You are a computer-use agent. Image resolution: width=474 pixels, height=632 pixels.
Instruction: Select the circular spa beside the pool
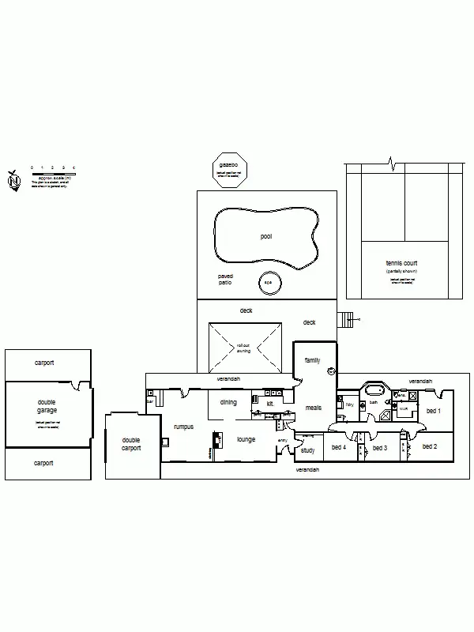(x=268, y=283)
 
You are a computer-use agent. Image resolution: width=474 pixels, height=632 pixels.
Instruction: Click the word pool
(x=266, y=236)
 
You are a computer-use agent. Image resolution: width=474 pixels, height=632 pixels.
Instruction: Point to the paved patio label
(x=226, y=279)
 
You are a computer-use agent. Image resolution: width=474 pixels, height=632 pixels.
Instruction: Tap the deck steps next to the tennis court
(x=345, y=319)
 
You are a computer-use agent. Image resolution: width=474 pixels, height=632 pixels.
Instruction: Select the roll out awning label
(x=243, y=348)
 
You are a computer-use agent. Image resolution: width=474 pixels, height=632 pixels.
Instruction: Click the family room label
(x=313, y=360)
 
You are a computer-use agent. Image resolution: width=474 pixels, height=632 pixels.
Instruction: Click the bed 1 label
(x=434, y=411)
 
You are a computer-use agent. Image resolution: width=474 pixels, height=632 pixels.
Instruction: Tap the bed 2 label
(x=430, y=446)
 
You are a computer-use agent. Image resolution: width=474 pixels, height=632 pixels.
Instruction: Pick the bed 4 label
(x=339, y=447)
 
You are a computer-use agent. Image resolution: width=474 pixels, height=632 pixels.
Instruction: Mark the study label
(x=307, y=450)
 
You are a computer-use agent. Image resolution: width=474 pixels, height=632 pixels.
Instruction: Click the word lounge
(x=246, y=438)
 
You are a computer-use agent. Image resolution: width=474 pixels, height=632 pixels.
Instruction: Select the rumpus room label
(x=183, y=426)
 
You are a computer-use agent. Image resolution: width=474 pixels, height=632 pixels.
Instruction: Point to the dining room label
(x=228, y=402)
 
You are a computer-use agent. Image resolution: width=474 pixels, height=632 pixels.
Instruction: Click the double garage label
(x=47, y=406)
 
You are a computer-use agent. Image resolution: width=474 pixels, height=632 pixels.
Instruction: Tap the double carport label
(x=130, y=444)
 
